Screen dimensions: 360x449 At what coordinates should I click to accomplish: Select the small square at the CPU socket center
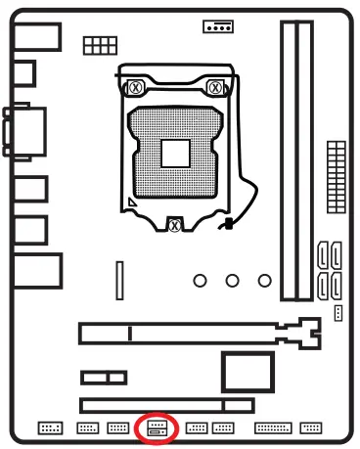pos(176,154)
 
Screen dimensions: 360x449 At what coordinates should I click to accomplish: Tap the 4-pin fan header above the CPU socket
pos(217,26)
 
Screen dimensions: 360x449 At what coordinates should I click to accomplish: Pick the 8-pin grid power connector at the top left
pos(96,44)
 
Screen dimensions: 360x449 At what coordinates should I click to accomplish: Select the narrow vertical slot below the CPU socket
pos(120,281)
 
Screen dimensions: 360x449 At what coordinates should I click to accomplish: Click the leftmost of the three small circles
pos(201,281)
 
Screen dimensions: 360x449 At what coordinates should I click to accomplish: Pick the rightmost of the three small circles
pos(263,281)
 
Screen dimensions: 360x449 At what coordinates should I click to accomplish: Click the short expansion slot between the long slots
pos(104,376)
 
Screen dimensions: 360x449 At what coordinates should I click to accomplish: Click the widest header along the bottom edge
pos(273,427)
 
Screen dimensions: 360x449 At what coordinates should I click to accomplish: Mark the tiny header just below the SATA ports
pos(337,312)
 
